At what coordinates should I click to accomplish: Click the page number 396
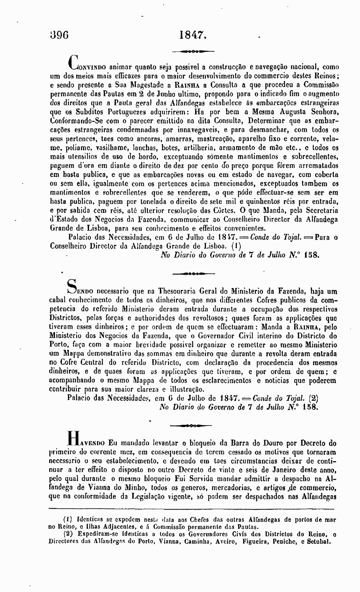59,35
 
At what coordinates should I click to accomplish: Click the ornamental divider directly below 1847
192,51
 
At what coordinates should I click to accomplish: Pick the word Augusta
289,112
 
